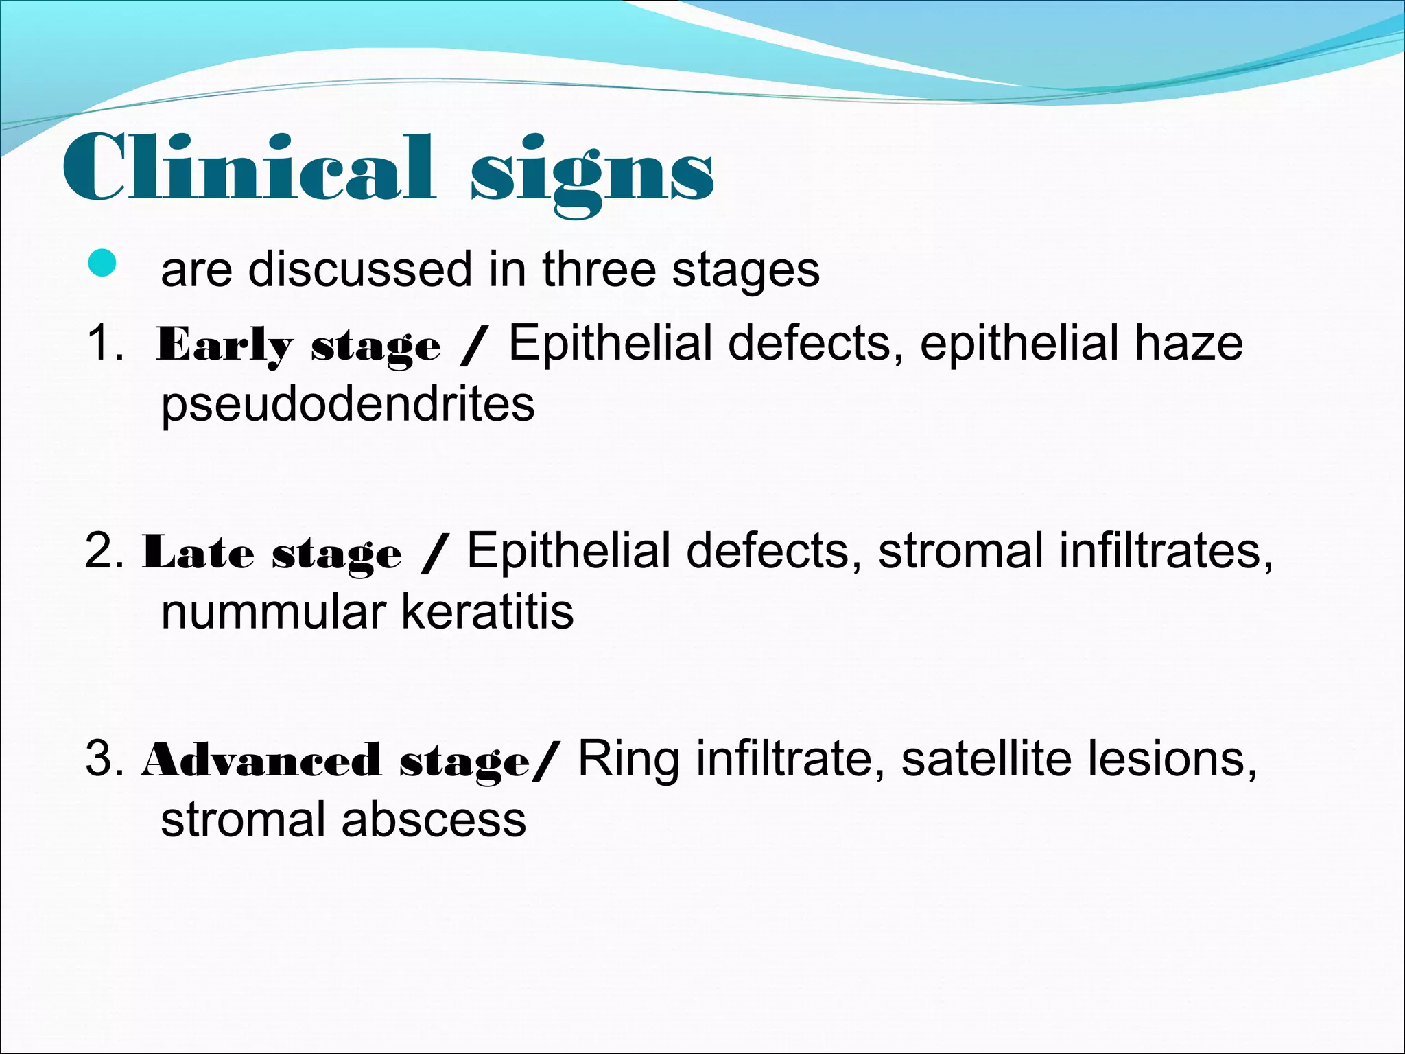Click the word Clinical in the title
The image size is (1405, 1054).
248,168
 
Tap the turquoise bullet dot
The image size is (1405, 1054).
103,263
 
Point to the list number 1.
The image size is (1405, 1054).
103,342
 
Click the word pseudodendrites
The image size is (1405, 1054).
347,404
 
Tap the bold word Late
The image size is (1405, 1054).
198,553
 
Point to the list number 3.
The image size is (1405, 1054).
103,760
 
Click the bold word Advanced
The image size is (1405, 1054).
261,761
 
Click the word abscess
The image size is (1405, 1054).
434,820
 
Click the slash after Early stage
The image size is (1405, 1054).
473,345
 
